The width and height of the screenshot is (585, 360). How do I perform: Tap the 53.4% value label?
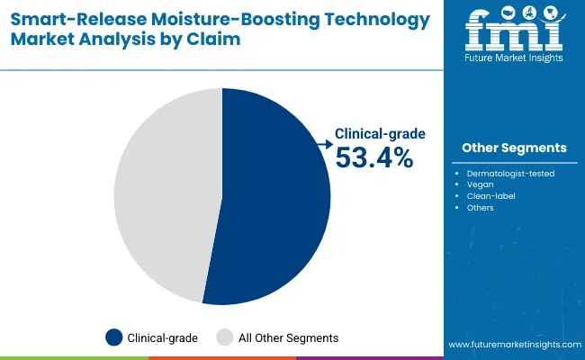point(373,157)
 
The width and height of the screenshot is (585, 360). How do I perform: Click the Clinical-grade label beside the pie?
point(380,133)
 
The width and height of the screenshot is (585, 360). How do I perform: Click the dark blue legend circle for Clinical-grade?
point(114,337)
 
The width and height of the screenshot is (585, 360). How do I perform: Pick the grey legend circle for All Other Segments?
point(225,337)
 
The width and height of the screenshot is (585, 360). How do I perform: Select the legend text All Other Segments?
point(288,338)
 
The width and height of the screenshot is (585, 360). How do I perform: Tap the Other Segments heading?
point(514,148)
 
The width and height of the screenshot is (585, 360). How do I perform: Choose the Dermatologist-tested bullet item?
point(510,173)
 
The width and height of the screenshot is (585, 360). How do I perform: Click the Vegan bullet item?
point(481,184)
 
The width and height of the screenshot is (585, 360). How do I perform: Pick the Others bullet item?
point(481,208)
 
